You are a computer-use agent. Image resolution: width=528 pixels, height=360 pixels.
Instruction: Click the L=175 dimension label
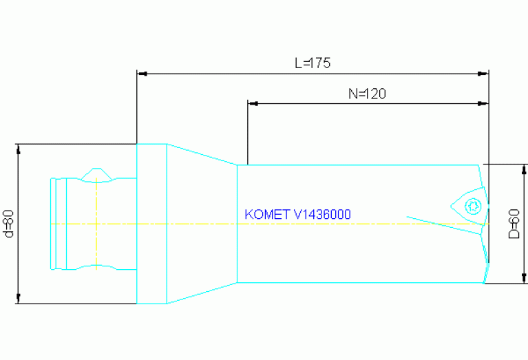pos(313,63)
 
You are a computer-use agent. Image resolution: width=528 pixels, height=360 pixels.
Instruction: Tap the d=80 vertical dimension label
pos(9,224)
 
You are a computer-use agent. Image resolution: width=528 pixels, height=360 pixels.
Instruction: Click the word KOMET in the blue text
pos(267,215)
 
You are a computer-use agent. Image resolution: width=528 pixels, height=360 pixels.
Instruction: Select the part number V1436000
pos(322,215)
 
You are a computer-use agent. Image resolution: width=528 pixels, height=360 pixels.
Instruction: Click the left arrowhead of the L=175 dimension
pos(142,72)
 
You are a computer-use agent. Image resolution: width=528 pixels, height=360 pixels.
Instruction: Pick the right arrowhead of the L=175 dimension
pos(483,72)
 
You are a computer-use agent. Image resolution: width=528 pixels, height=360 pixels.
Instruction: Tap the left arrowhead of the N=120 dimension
pos(253,103)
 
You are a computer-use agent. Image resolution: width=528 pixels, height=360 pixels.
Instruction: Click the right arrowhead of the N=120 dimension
pos(483,103)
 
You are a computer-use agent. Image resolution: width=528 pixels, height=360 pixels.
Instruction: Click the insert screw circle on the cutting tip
pos(472,205)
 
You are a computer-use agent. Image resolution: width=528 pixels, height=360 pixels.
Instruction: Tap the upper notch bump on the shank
pos(96,173)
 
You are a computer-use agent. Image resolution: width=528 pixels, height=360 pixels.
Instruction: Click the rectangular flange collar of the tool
pos(152,224)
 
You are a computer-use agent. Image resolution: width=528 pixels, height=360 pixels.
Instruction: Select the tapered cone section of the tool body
pos(202,224)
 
